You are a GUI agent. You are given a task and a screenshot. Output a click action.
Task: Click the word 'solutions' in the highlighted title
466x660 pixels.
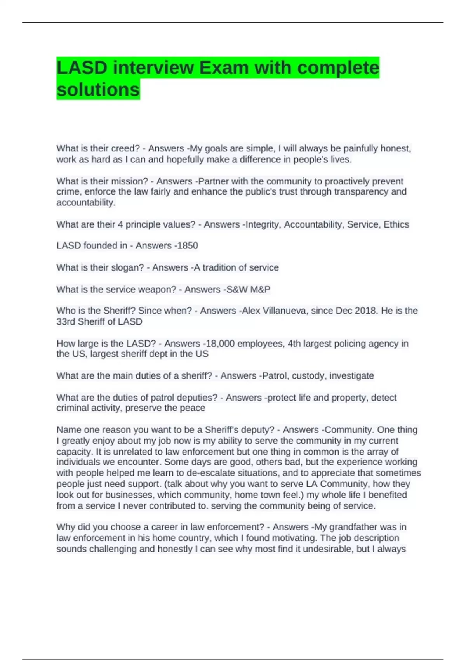(98, 90)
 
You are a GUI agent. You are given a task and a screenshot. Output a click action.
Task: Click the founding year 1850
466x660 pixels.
(187, 246)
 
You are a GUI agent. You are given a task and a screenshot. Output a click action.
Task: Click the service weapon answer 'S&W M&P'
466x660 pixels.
(248, 290)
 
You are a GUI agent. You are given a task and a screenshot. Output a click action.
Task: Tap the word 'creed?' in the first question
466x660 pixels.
(125, 149)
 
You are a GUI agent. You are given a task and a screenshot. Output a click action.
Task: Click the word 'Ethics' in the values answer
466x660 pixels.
(396, 224)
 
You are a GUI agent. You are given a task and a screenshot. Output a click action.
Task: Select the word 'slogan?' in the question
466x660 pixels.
(128, 268)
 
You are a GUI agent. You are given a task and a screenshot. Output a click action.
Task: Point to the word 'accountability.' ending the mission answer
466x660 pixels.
(86, 203)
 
